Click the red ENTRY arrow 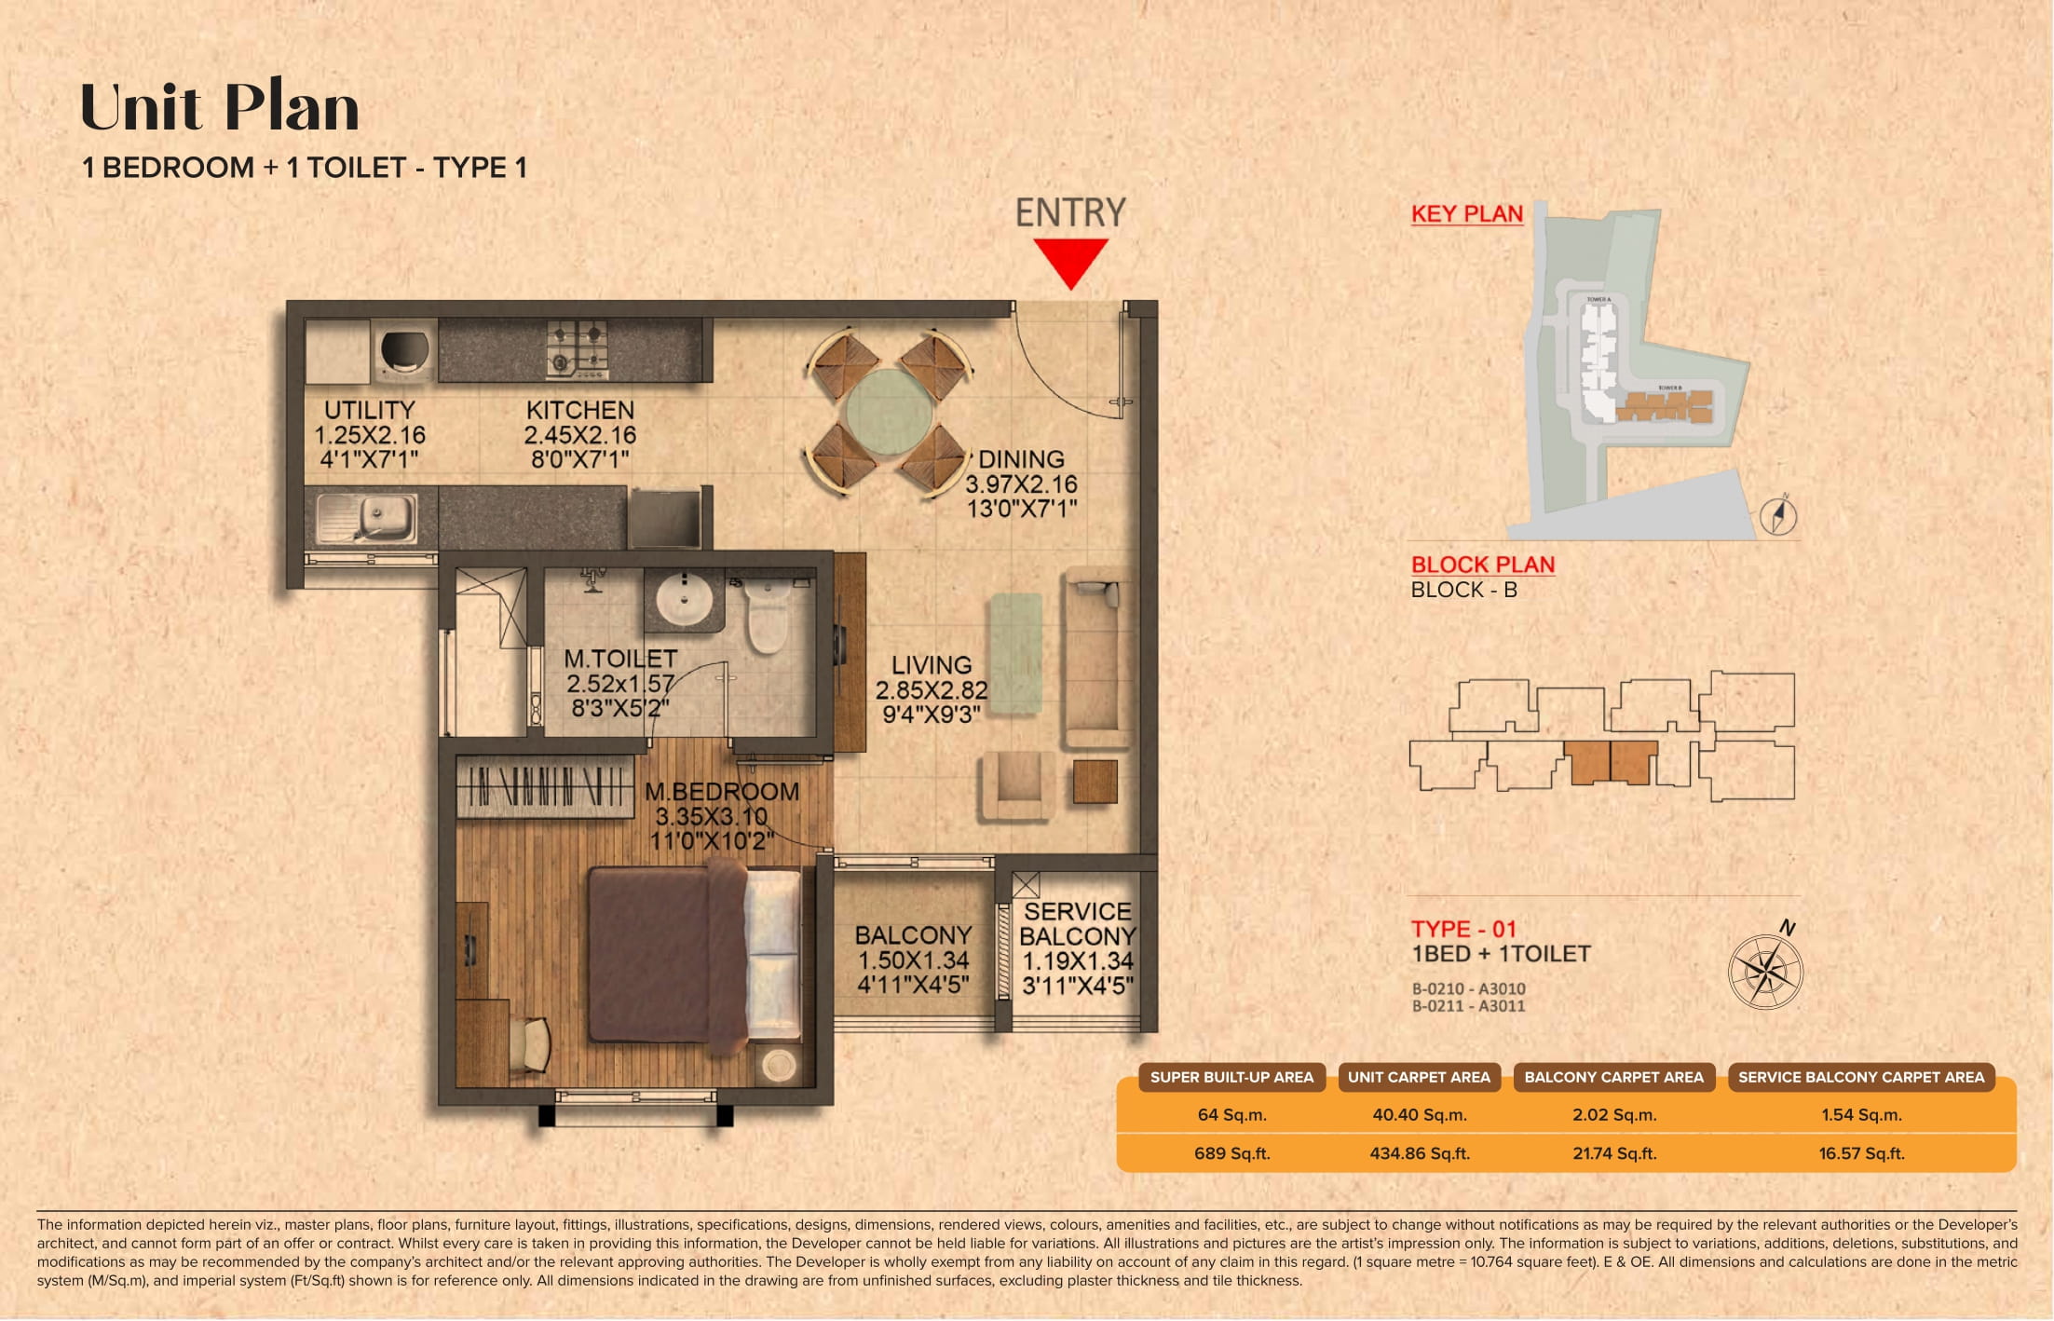[x=1070, y=262]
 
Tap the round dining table [x=890, y=412]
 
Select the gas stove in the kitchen [x=578, y=349]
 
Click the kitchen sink [x=366, y=517]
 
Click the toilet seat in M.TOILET [x=768, y=616]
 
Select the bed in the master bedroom [x=694, y=955]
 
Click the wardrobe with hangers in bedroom [x=545, y=786]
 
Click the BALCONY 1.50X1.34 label [x=913, y=960]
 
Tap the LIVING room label [x=931, y=689]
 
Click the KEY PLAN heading [x=1466, y=214]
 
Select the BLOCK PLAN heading [x=1482, y=565]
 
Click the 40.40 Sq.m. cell [x=1419, y=1114]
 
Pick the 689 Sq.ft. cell [x=1231, y=1153]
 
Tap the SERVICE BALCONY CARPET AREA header [x=1860, y=1077]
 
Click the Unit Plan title [x=220, y=108]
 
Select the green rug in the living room [x=1015, y=654]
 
